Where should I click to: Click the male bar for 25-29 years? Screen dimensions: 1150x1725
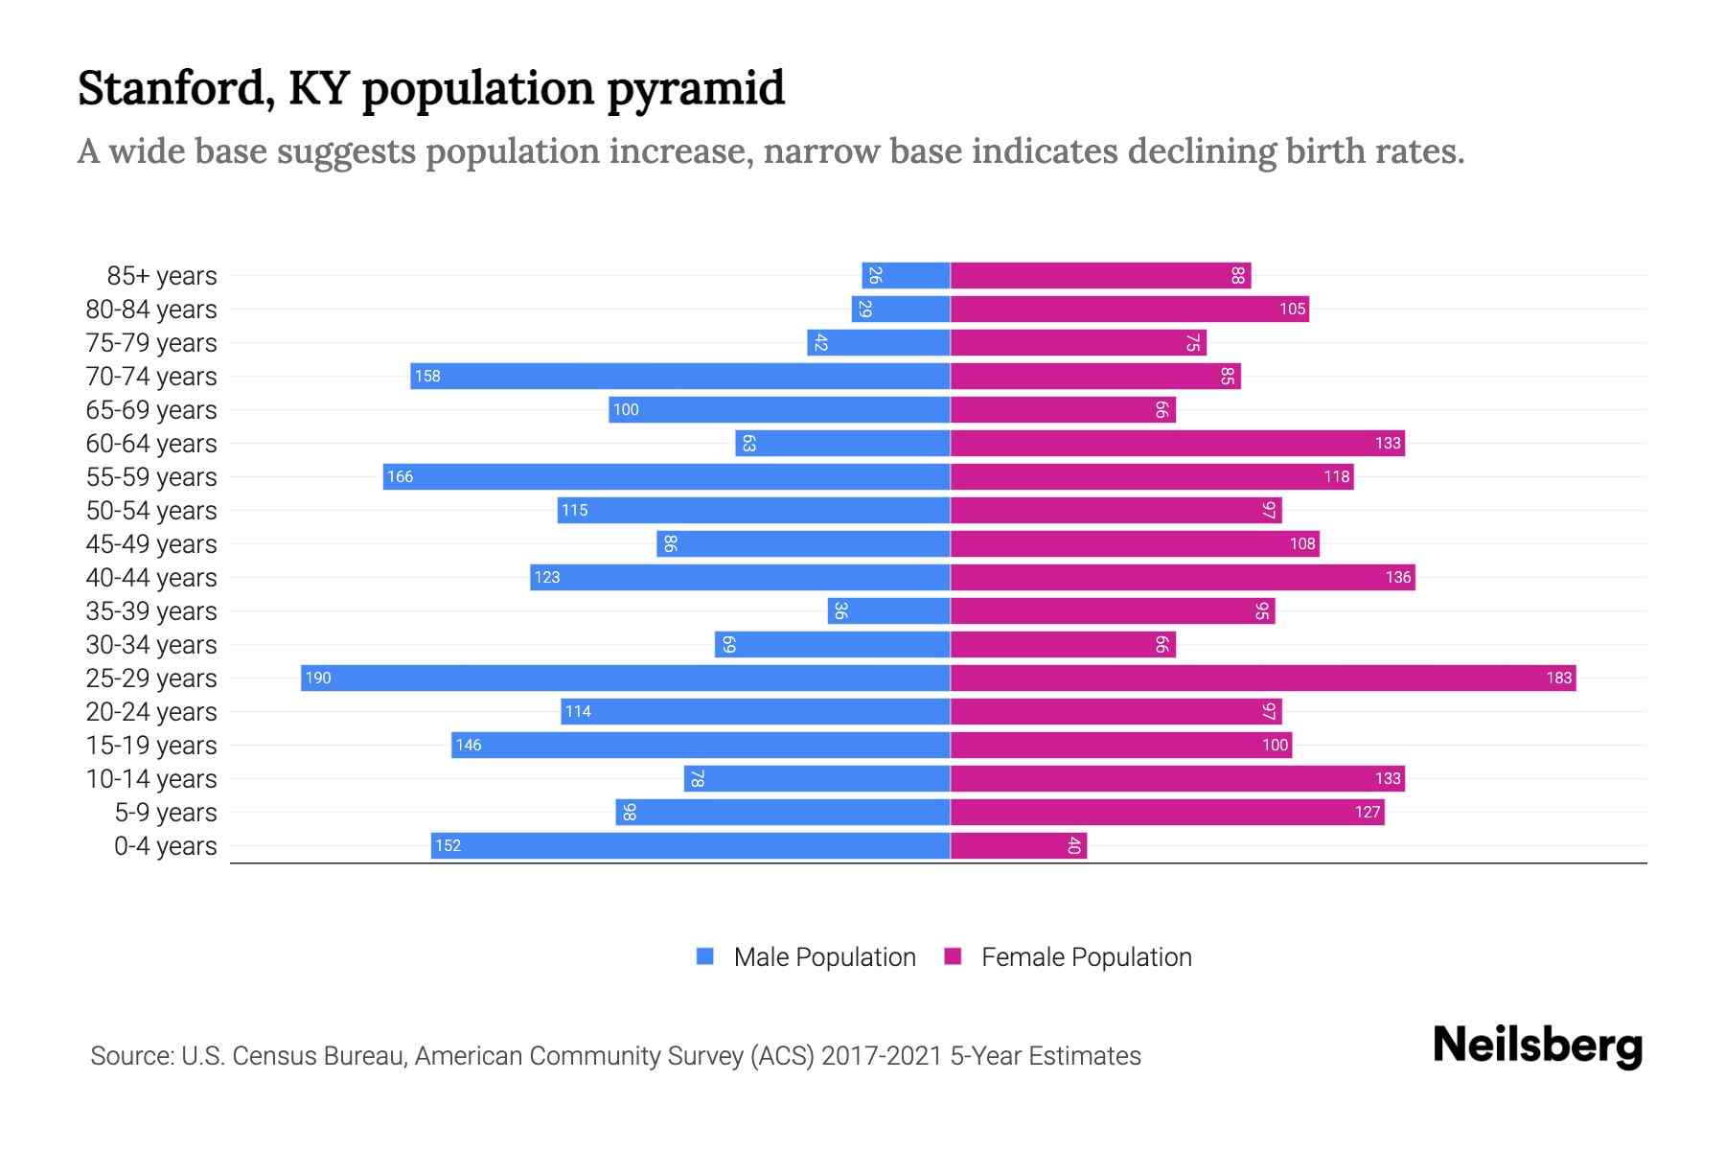pyautogui.click(x=625, y=678)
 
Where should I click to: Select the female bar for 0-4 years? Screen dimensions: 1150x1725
pyautogui.click(x=1018, y=846)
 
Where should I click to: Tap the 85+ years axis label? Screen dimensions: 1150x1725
pyautogui.click(x=162, y=276)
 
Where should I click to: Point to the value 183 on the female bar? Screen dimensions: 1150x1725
pyautogui.click(x=1558, y=678)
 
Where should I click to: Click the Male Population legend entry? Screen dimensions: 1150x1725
pyautogui.click(x=806, y=957)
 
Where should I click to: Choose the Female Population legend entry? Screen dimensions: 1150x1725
pyautogui.click(x=1069, y=957)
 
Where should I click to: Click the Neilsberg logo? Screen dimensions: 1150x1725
pyautogui.click(x=1537, y=1046)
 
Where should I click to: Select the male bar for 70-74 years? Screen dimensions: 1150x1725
pyautogui.click(x=680, y=377)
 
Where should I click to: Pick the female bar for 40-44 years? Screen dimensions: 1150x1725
pyautogui.click(x=1183, y=578)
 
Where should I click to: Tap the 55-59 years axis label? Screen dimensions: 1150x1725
pyautogui.click(x=151, y=477)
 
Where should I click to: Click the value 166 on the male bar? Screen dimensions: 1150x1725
pyautogui.click(x=400, y=477)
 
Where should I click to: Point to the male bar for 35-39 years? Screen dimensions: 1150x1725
pyautogui.click(x=889, y=611)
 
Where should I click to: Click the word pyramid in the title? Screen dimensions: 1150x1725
pyautogui.click(x=696, y=88)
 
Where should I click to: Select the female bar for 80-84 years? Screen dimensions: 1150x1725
pyautogui.click(x=1129, y=310)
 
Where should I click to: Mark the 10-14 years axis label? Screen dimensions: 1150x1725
pyautogui.click(x=151, y=779)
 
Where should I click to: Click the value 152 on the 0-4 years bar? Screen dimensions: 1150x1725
pyautogui.click(x=448, y=846)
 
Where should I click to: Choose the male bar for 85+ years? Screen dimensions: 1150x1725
pyautogui.click(x=906, y=276)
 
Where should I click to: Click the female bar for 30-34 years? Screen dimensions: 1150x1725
pyautogui.click(x=1062, y=645)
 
